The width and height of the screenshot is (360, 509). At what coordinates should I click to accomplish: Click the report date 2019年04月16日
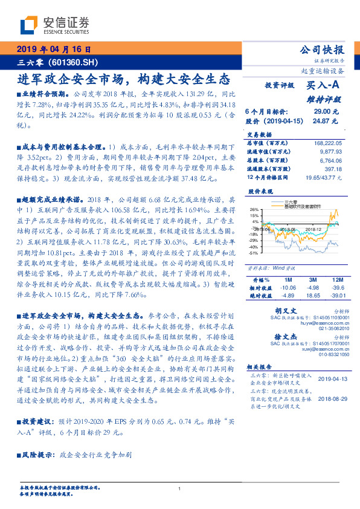coord(53,49)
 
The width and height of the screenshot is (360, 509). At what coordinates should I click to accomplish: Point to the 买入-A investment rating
coord(325,86)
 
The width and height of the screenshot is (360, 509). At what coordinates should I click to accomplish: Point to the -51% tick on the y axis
coord(254,253)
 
